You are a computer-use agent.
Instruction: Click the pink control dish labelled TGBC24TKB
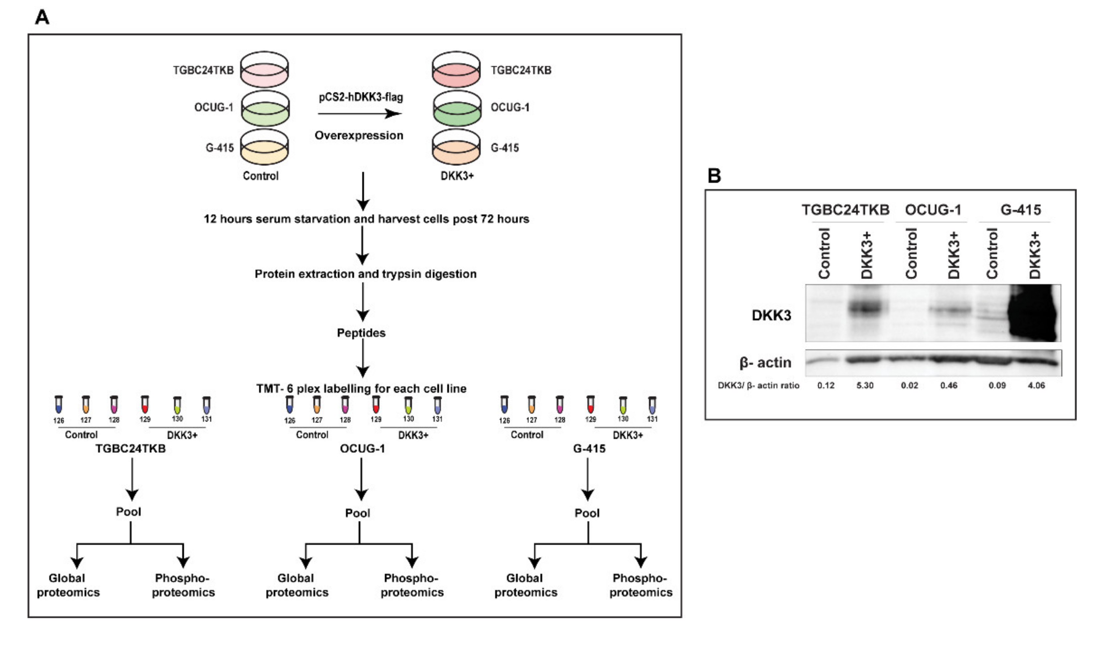point(264,70)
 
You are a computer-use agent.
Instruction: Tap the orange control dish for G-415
point(264,148)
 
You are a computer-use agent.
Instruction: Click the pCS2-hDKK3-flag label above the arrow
point(361,97)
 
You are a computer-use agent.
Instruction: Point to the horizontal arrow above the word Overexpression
point(359,114)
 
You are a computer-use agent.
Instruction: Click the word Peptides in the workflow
point(361,333)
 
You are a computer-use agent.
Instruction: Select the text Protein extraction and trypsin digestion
point(365,274)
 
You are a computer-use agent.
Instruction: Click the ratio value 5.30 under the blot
point(864,385)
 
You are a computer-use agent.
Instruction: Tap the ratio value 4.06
point(1036,385)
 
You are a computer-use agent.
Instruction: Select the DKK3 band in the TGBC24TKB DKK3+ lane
point(864,309)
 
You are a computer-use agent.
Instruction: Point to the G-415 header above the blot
point(1020,210)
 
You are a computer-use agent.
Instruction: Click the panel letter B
point(714,176)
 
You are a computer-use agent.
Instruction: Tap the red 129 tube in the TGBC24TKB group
point(145,405)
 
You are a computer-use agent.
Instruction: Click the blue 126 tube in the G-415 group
point(504,405)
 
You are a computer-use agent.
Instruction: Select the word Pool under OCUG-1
point(358,513)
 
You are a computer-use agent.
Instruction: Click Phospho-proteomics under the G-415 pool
point(640,585)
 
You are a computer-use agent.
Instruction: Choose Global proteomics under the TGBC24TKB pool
point(68,585)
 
